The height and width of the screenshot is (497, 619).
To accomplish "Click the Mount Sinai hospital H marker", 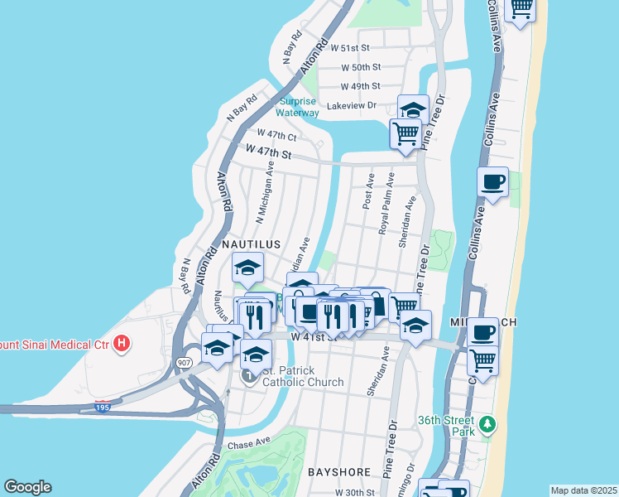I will [x=122, y=343].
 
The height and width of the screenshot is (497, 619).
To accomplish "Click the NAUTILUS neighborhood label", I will [x=251, y=244].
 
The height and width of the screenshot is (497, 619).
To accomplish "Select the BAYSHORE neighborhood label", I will [x=339, y=471].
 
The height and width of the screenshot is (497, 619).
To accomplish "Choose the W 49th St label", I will [x=361, y=86].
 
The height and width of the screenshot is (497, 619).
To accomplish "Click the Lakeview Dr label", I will [x=352, y=105].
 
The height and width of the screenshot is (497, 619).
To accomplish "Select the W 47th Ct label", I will [x=276, y=134].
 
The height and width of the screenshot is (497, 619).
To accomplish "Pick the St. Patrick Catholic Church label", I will [x=302, y=376].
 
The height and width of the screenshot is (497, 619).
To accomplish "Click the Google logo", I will [x=27, y=487].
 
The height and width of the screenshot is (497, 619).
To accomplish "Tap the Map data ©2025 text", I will [x=583, y=490].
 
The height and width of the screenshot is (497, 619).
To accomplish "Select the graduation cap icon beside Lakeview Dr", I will [x=413, y=109].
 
